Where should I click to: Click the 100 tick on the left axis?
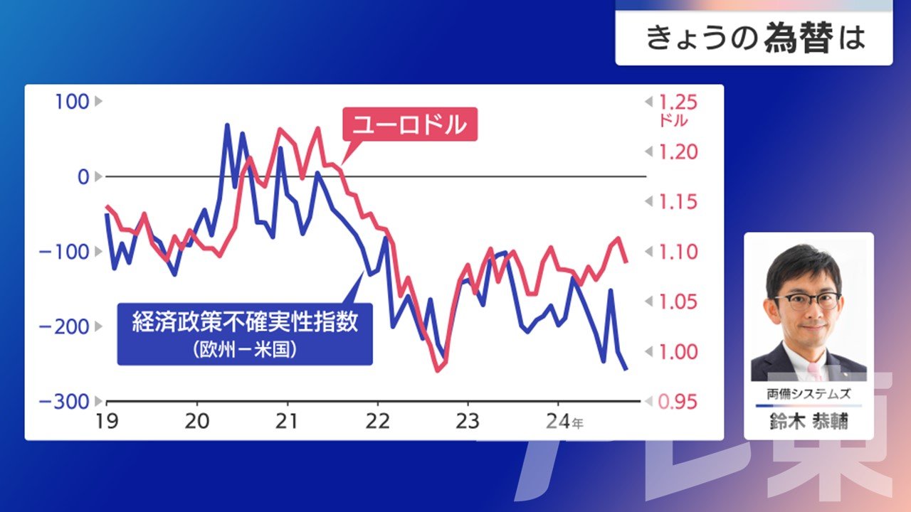click(x=72, y=102)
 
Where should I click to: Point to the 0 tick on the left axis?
click(x=83, y=177)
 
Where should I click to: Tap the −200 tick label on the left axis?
click(x=64, y=326)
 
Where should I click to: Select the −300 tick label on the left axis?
click(x=64, y=402)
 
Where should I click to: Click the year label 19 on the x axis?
click(x=107, y=422)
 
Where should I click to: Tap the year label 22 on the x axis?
click(x=378, y=422)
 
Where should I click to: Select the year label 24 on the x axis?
click(x=558, y=422)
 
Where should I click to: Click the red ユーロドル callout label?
click(x=410, y=124)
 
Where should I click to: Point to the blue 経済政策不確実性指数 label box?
click(x=245, y=334)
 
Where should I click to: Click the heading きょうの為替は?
click(x=755, y=38)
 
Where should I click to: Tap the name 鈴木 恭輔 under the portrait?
click(x=809, y=421)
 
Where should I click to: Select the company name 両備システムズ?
click(x=809, y=394)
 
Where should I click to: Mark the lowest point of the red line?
click(x=438, y=370)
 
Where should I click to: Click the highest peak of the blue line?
click(x=227, y=124)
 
